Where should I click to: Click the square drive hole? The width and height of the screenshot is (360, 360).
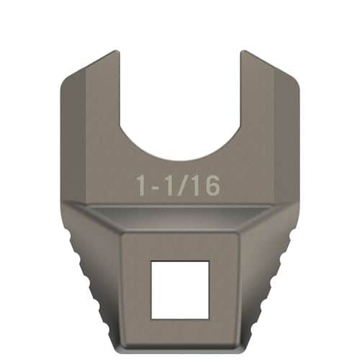click(179, 289)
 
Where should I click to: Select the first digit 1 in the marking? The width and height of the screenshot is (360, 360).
click(143, 185)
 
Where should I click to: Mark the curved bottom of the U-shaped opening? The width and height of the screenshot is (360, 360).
click(179, 159)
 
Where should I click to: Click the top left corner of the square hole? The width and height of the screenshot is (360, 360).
click(151, 261)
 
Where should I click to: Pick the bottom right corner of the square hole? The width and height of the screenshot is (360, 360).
click(208, 318)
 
